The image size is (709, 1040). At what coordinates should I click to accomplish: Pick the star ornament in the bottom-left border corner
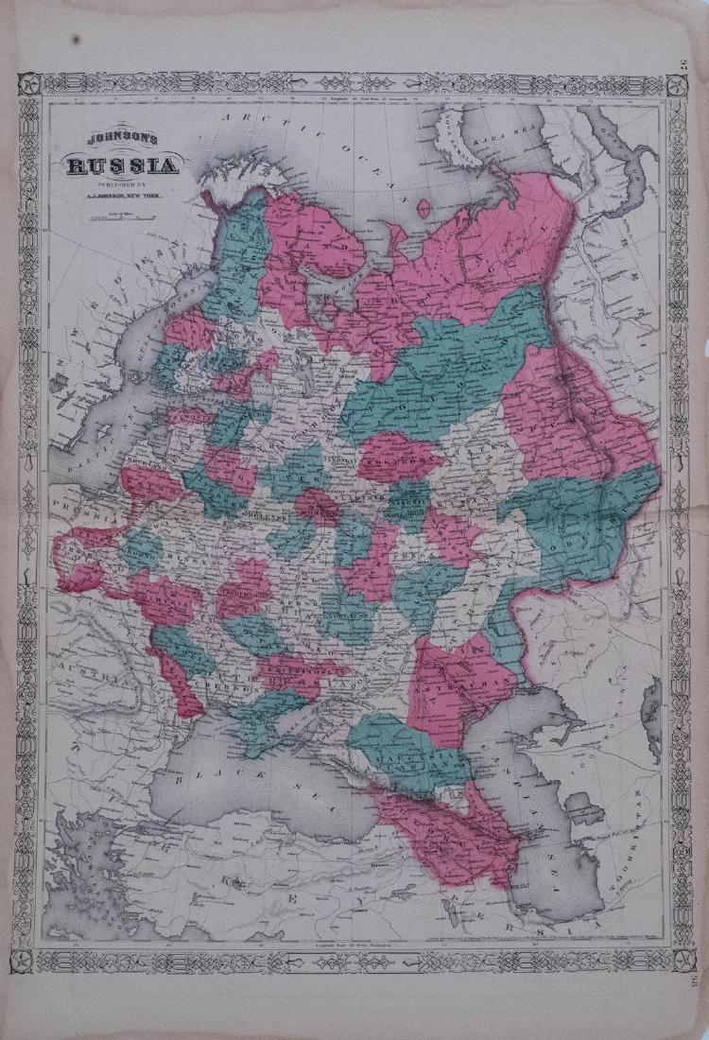point(28,961)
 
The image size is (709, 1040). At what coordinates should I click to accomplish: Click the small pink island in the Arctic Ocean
point(424,206)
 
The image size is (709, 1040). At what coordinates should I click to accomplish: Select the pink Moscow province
point(317,505)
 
